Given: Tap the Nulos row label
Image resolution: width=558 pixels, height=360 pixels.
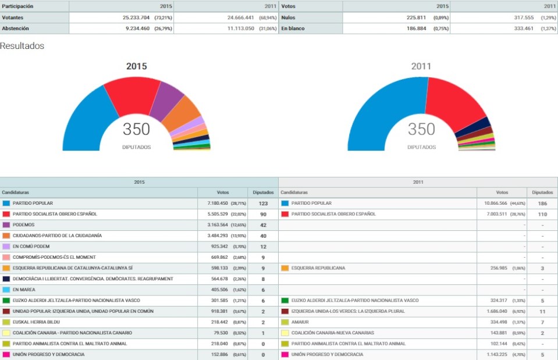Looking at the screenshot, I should [289, 17].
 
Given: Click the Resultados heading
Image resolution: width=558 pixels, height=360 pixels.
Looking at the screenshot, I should [22, 46].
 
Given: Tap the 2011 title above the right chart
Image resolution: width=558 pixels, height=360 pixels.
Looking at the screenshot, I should [421, 66].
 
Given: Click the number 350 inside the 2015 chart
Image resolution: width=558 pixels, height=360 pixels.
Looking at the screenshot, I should [136, 129].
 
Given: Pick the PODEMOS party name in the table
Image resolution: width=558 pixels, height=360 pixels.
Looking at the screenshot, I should [24, 224].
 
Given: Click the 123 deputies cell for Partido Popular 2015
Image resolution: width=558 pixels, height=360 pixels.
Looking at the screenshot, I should [263, 203].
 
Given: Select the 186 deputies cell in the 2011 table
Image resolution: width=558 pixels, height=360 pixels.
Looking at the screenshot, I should [542, 203].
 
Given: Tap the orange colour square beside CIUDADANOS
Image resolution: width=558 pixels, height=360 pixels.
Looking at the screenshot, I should [6, 236].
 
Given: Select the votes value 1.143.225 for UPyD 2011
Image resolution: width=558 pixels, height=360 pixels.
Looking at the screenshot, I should [494, 354].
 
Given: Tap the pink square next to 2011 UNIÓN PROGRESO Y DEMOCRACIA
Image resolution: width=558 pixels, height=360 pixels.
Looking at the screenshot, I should [285, 354].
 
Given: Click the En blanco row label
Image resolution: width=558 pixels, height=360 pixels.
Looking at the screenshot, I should [292, 28].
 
